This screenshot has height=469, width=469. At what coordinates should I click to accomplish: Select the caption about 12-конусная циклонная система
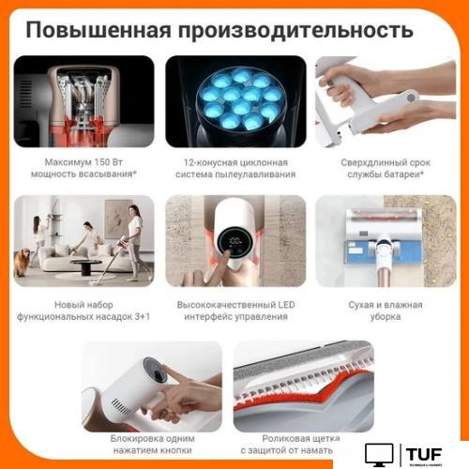pos(235,169)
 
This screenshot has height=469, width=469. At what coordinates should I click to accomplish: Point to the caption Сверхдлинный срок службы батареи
pos(384,169)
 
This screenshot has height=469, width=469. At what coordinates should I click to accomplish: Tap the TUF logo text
pos(427,453)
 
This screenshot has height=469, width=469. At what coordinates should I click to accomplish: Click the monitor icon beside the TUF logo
pos(380,454)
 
